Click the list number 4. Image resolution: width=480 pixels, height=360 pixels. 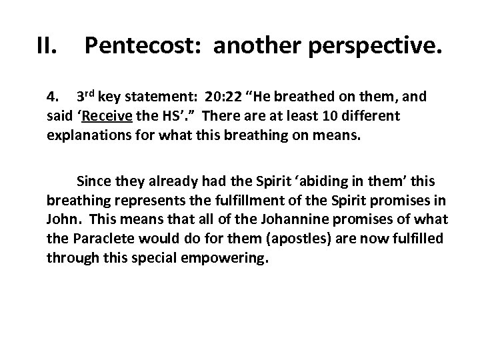coord(53,96)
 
